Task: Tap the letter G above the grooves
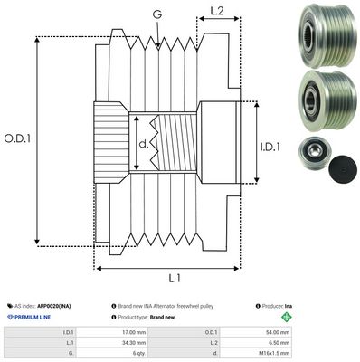(157, 14)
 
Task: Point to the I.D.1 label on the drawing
(270, 145)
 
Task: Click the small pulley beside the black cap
(312, 154)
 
